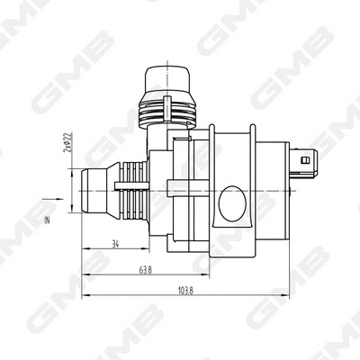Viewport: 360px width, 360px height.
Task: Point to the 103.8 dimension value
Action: click(186, 292)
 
